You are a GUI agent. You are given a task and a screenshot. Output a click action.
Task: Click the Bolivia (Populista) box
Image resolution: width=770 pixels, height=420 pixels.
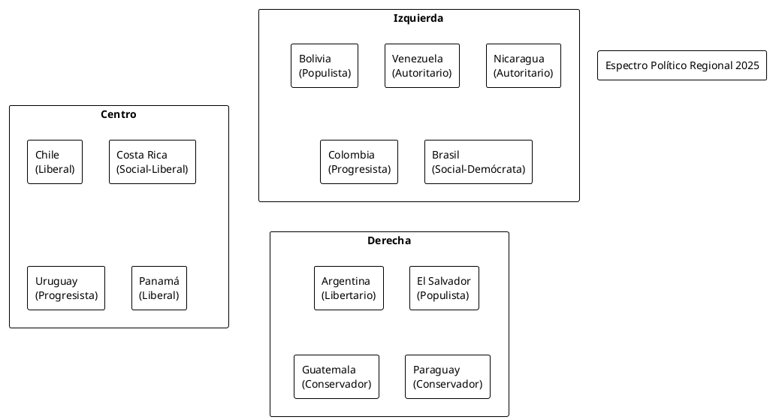(x=325, y=65)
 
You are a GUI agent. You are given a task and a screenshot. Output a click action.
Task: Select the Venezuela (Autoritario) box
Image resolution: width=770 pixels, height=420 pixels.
(x=421, y=65)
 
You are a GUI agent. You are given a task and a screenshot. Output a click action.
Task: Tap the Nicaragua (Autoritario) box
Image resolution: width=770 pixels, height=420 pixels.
(x=523, y=65)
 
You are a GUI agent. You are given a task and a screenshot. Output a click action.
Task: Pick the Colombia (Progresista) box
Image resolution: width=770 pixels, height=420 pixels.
(x=358, y=162)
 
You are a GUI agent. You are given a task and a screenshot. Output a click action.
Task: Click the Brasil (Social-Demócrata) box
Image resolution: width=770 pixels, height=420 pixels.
(x=478, y=162)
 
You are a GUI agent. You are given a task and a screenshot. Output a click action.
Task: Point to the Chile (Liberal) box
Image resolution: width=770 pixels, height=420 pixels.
(x=55, y=162)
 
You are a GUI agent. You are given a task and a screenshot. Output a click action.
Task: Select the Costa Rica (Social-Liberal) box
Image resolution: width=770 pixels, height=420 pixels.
(x=152, y=162)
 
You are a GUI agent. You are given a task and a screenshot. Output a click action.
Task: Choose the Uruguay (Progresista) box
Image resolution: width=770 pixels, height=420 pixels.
(x=66, y=288)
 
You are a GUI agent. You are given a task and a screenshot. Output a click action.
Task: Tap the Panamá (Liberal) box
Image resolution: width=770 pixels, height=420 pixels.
(x=159, y=288)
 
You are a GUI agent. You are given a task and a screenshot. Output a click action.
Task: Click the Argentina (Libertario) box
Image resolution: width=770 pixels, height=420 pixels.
(x=349, y=288)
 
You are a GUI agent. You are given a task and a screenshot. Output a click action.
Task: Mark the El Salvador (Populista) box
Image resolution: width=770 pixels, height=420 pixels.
(x=444, y=288)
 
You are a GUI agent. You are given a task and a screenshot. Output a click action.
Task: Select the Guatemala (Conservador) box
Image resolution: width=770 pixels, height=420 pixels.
(x=336, y=376)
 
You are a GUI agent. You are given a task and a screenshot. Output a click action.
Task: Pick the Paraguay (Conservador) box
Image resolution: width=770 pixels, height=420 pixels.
(x=447, y=376)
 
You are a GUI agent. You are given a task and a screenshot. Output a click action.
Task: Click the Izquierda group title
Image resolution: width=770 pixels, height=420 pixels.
(x=418, y=18)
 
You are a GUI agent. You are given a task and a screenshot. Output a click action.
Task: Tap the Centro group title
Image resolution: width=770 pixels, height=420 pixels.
(x=119, y=114)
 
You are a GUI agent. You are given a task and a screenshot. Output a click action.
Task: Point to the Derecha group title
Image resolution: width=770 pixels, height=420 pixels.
(x=389, y=240)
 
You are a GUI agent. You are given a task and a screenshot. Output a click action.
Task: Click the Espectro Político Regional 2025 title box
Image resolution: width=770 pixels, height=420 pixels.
(x=682, y=65)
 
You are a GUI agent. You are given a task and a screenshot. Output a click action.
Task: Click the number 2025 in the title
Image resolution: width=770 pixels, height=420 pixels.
(x=747, y=65)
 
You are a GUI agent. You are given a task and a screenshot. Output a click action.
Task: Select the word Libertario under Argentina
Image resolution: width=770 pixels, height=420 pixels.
(x=349, y=295)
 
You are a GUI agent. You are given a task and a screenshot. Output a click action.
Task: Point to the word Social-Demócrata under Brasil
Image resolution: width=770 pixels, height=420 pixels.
(x=479, y=169)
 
